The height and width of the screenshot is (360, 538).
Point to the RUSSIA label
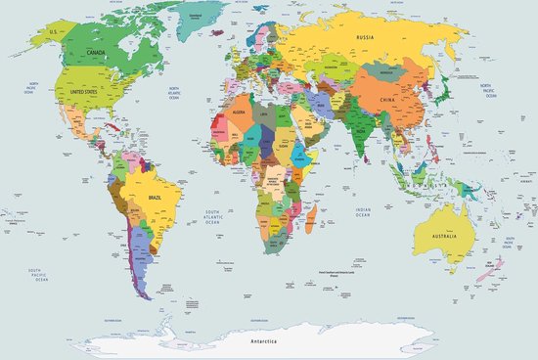point(366,39)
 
